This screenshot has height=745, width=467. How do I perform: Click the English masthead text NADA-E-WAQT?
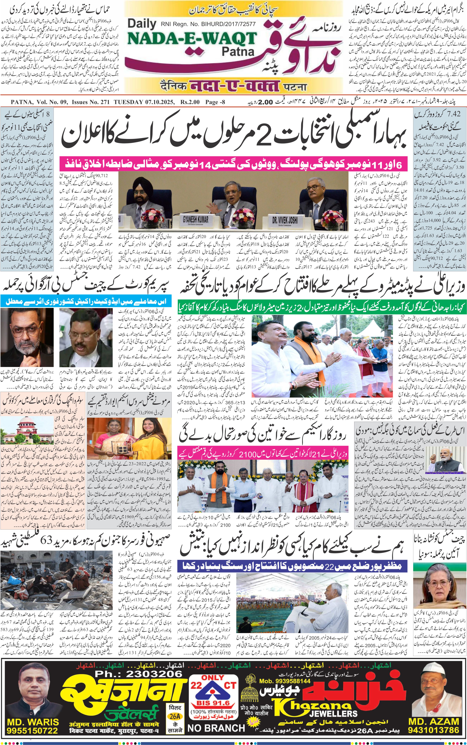(x=192, y=39)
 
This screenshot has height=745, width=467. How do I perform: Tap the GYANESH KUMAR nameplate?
(x=196, y=220)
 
